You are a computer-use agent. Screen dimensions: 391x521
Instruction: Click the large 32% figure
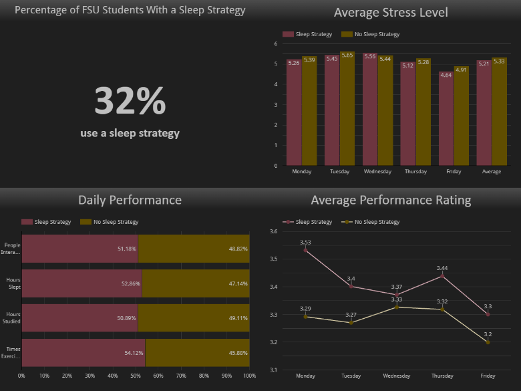(130, 101)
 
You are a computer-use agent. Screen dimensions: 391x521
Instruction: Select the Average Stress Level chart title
(390, 13)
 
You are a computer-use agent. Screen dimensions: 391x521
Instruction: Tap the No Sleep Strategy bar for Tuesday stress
(347, 108)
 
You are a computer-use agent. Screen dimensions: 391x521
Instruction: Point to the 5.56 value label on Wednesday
(369, 57)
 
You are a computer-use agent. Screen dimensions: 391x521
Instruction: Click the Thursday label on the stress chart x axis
(415, 172)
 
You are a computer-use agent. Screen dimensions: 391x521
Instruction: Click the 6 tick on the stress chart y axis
(276, 43)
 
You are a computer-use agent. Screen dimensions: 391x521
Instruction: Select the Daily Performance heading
(130, 200)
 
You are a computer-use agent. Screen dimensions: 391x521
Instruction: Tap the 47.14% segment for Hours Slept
(196, 283)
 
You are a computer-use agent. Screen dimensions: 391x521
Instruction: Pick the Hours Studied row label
(13, 318)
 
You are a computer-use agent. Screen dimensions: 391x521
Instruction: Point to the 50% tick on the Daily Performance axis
(136, 376)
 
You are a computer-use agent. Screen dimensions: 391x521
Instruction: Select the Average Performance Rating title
(391, 200)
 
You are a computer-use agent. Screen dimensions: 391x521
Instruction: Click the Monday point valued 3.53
(305, 250)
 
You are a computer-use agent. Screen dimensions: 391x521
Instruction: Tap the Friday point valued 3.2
(488, 342)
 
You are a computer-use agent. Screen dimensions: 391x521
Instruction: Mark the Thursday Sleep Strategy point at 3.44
(442, 275)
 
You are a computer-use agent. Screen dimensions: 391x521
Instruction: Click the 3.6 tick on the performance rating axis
(273, 231)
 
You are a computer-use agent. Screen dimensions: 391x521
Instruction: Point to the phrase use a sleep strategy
(130, 133)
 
